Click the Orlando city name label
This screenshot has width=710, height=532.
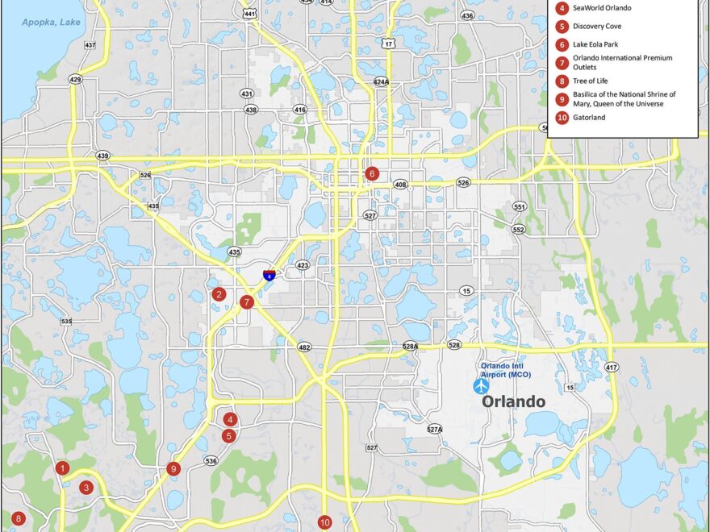(x=513, y=401)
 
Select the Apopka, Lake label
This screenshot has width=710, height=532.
(x=52, y=22)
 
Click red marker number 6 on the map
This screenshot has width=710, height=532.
(x=372, y=173)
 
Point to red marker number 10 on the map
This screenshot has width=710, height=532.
(x=324, y=522)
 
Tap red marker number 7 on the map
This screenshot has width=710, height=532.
(x=247, y=302)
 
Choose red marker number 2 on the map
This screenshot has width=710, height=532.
(x=218, y=294)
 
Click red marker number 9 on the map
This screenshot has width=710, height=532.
(x=173, y=468)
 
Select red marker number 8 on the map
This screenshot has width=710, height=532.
(x=18, y=519)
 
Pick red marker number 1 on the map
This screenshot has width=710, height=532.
(x=62, y=468)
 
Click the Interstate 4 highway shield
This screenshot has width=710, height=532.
(x=267, y=276)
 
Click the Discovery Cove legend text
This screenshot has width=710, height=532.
(x=597, y=26)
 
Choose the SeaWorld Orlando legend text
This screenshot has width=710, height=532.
(x=602, y=8)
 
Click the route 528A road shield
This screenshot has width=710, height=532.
(x=411, y=346)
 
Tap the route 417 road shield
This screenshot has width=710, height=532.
(x=612, y=368)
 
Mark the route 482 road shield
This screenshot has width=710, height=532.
(x=304, y=347)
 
